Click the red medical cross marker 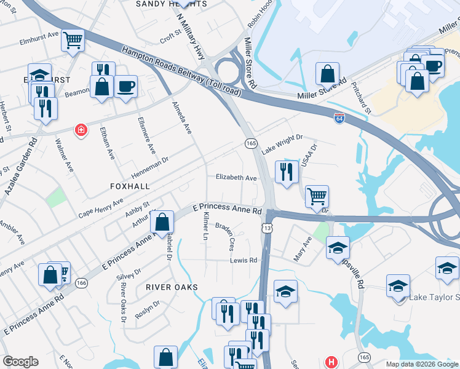pos(80,130)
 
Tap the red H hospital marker pos(331,362)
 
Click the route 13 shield pos(266,228)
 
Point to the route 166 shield pos(81,284)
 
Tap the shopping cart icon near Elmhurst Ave pos(73,41)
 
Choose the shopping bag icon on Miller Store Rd pos(328,74)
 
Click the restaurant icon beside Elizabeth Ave pos(286,172)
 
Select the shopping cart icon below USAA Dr pos(317,196)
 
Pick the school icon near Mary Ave pos(338,247)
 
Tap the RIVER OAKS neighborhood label pos(172,287)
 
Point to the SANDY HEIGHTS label pos(171,4)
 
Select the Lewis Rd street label pos(244,260)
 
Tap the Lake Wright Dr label pos(282,145)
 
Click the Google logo pos(20,362)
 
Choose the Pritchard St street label pos(362,98)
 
